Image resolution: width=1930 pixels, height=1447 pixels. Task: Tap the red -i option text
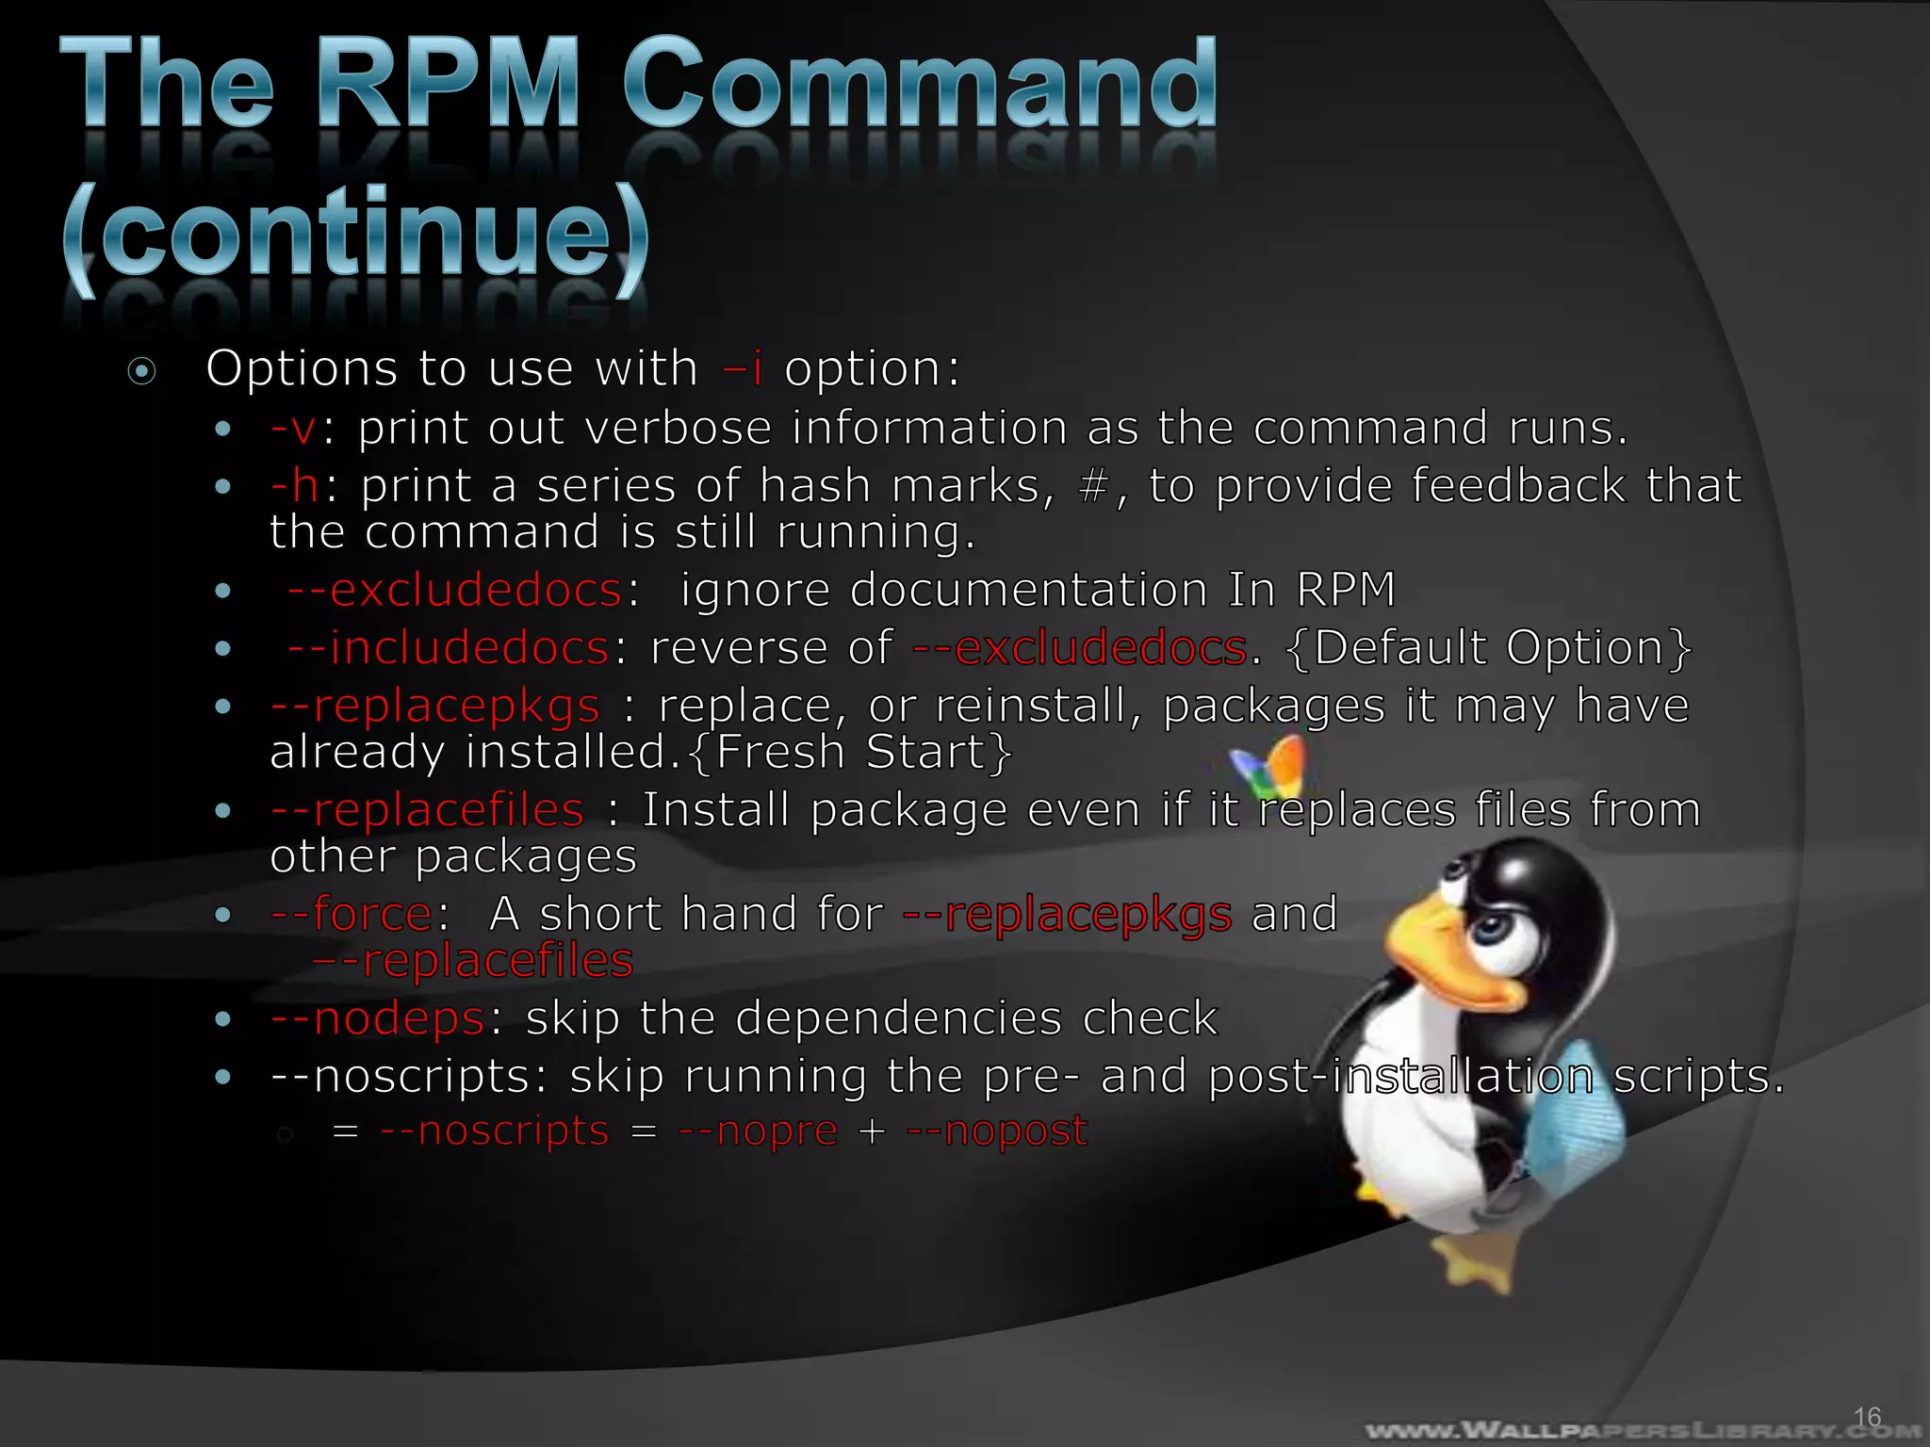[x=742, y=367]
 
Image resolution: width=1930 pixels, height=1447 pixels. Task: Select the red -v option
[x=293, y=429]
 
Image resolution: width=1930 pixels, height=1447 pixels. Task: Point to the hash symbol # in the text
[x=1093, y=487]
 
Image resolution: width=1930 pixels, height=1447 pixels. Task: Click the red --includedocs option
[x=449, y=648]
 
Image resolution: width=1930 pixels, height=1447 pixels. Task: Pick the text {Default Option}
[x=1488, y=648]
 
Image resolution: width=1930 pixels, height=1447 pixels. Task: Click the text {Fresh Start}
[x=850, y=753]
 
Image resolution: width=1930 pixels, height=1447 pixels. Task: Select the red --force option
[x=351, y=914]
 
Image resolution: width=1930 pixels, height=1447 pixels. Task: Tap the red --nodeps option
[x=377, y=1018]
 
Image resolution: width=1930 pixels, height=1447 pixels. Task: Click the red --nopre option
[x=758, y=1130]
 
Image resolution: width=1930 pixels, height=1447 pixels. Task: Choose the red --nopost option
[x=997, y=1130]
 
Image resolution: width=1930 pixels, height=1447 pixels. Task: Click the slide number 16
[x=1867, y=1417]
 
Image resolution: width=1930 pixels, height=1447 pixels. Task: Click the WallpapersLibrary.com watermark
[x=1640, y=1430]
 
